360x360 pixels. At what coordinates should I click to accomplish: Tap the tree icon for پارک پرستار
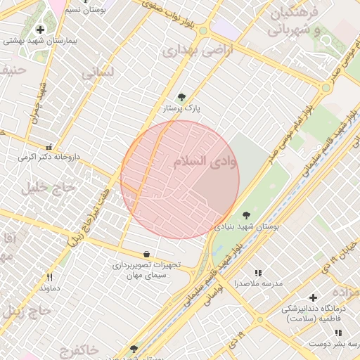[x=182, y=98]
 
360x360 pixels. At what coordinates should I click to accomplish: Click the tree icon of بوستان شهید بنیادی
[x=245, y=215]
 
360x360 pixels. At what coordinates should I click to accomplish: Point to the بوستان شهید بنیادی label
[x=246, y=227]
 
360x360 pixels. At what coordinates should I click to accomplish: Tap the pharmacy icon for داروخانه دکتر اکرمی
[x=49, y=147]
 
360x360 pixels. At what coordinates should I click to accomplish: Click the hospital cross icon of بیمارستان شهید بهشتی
[x=40, y=30]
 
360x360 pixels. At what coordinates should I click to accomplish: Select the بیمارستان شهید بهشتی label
[x=40, y=41]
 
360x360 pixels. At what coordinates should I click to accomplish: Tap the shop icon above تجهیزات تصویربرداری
[x=146, y=254]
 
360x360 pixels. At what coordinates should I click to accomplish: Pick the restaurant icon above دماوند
[x=49, y=277]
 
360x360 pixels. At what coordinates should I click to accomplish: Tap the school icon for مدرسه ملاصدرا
[x=258, y=272]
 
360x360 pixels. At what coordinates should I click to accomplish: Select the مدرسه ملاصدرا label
[x=263, y=283]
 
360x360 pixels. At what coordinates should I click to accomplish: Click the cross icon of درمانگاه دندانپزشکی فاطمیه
[x=314, y=297]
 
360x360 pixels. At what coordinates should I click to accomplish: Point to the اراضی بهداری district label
[x=187, y=51]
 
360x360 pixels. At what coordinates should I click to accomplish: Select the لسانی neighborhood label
[x=98, y=72]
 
